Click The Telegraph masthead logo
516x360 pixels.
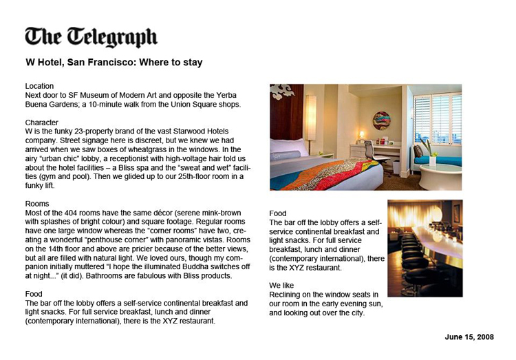click(x=91, y=36)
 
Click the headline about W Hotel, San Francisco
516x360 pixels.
click(x=114, y=63)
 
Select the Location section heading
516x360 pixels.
click(x=39, y=86)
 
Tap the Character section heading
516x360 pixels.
click(x=42, y=122)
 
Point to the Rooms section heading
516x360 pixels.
click(x=37, y=204)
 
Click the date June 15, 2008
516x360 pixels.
click(x=469, y=337)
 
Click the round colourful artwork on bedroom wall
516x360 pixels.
click(x=382, y=120)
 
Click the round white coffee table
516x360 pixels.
click(x=440, y=176)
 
